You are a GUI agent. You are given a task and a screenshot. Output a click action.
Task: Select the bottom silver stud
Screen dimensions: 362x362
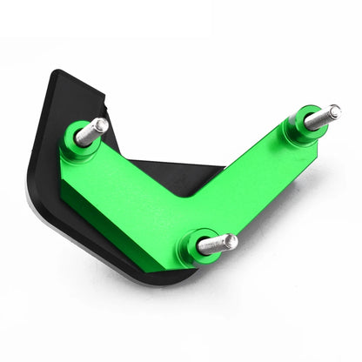(x=217, y=244)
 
